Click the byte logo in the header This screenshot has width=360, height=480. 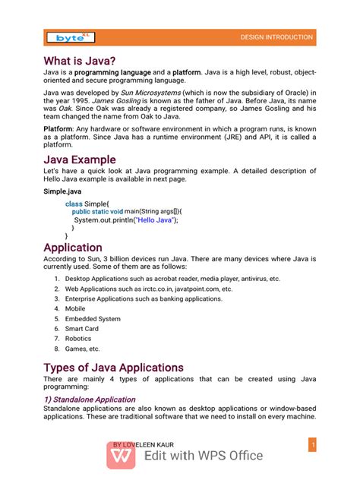coord(71,37)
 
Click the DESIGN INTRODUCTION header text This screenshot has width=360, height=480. coord(276,37)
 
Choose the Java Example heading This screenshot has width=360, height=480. coord(80,160)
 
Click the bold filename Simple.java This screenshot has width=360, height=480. coord(62,193)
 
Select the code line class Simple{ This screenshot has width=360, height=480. coord(87,204)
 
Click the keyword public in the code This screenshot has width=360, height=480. coord(84,212)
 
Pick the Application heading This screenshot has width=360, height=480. coord(73,248)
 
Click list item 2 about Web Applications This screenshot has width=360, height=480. coord(148,289)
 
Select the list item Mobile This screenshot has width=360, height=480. coord(75,309)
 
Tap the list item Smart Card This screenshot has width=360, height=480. coord(81,329)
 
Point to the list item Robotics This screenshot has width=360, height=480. coord(78,339)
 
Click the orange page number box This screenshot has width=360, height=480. coord(311,444)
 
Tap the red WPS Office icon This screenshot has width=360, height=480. coord(120,456)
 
